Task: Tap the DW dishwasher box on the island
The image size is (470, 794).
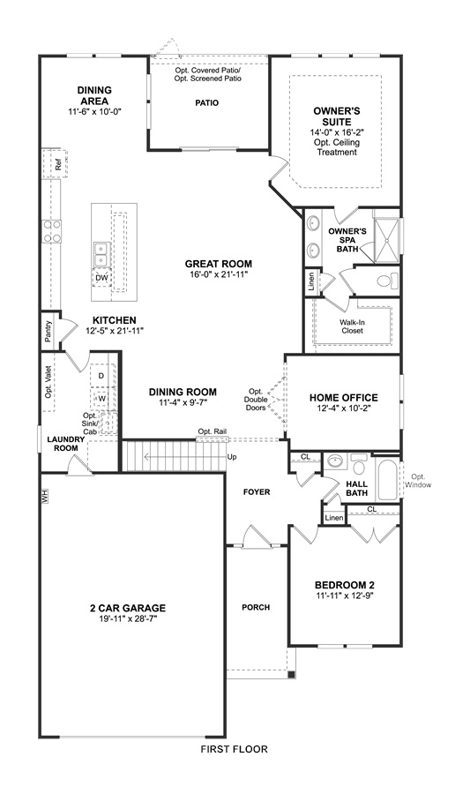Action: [101, 278]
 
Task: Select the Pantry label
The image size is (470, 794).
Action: [48, 332]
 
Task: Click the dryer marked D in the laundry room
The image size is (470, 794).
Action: [101, 375]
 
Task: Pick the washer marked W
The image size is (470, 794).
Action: [102, 398]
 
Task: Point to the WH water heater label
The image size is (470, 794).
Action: [45, 498]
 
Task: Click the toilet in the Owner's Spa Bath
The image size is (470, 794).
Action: [388, 280]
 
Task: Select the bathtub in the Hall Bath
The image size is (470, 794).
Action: [389, 481]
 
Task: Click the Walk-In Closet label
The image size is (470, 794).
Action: [352, 326]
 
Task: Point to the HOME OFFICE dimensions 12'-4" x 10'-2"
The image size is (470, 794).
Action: [344, 409]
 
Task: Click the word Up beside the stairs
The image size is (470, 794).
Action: [232, 457]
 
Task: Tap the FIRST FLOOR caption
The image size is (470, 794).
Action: [235, 749]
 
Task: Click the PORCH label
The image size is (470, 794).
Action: [256, 607]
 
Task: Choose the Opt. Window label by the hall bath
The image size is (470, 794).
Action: [418, 481]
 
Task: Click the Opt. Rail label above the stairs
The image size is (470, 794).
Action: [212, 431]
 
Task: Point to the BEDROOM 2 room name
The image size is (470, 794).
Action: [345, 586]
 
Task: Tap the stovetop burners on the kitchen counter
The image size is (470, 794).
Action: [52, 231]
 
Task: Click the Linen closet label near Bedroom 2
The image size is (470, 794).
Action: [334, 518]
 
